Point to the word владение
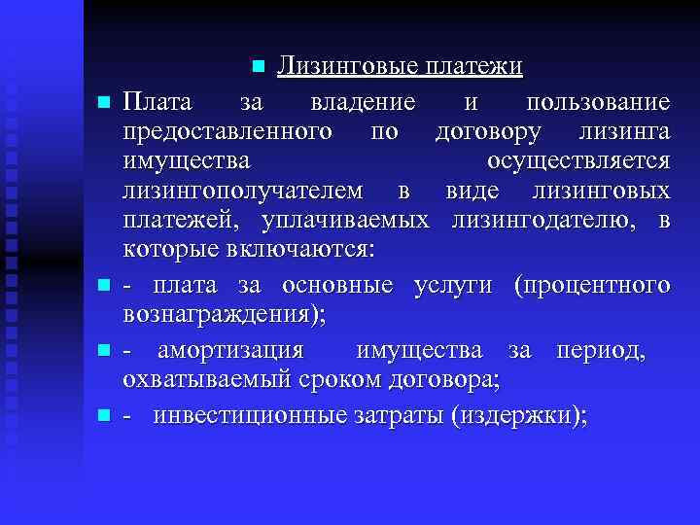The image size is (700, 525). [364, 102]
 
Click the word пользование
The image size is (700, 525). [597, 102]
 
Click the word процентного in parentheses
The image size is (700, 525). [594, 285]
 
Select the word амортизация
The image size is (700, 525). [227, 349]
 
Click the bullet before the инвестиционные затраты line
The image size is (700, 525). [102, 415]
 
